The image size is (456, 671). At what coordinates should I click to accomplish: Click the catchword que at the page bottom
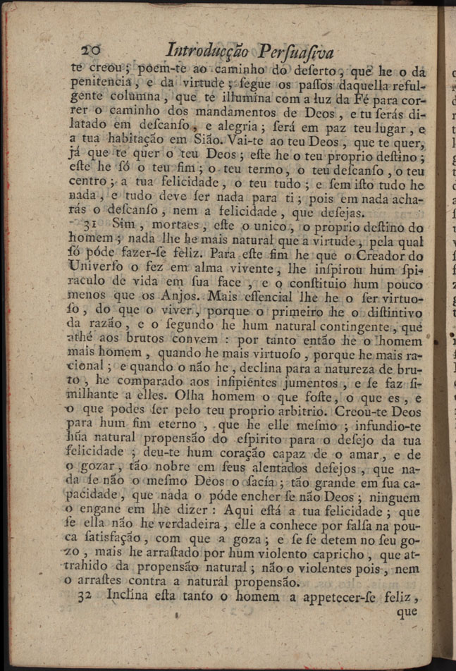[407, 612]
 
